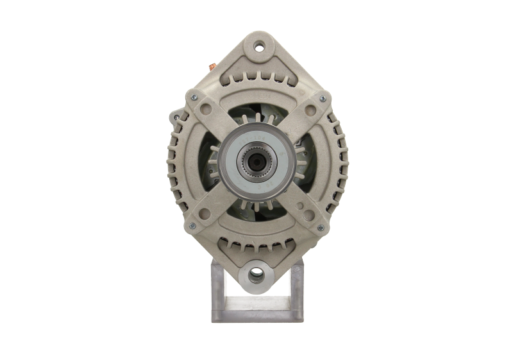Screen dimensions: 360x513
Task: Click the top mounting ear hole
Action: tap(259, 46)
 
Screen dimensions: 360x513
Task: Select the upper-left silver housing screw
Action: tap(193, 97)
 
